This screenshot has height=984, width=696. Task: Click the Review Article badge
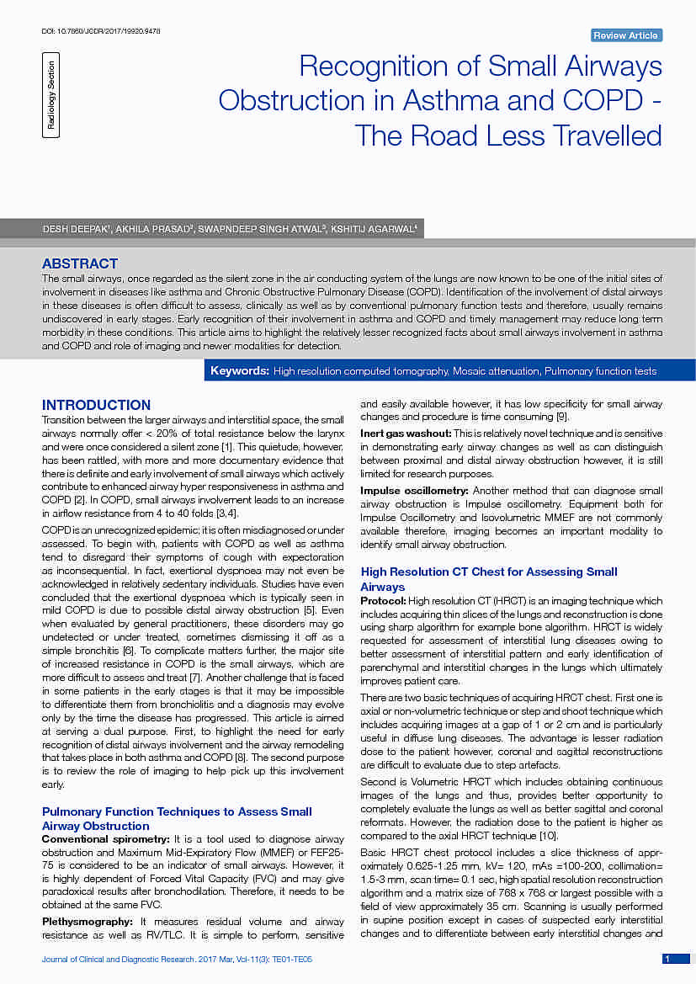tap(626, 35)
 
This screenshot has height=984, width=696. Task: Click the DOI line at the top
tap(100, 31)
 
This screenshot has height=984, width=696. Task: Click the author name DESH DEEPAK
tap(77, 229)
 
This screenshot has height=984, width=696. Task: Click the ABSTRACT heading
tap(80, 263)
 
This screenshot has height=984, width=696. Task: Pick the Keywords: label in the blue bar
tap(240, 371)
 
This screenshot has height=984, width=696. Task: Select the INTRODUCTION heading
tap(96, 405)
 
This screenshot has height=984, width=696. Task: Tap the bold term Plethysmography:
tap(87, 922)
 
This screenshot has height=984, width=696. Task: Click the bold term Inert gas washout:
tap(405, 433)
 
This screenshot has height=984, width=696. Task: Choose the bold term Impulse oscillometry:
tap(414, 491)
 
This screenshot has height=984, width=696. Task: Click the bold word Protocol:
tap(382, 601)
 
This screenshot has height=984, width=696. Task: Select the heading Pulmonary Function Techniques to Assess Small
tap(177, 811)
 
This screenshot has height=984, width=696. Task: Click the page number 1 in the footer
tap(667, 959)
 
